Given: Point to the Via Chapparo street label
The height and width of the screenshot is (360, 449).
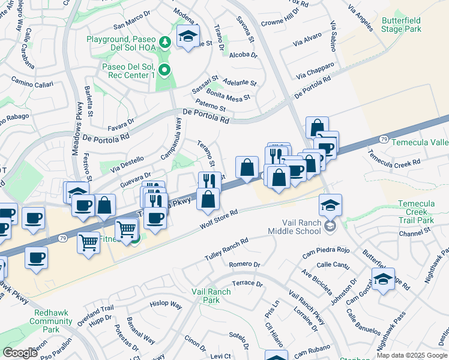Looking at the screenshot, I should pyautogui.click(x=315, y=73).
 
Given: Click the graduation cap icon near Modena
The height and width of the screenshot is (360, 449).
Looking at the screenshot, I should pyautogui.click(x=188, y=35).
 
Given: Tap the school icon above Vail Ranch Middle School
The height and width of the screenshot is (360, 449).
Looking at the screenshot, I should pyautogui.click(x=330, y=205).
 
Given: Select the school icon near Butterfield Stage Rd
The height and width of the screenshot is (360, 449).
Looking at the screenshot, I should pyautogui.click(x=383, y=279).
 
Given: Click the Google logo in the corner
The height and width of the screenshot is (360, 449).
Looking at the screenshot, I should pyautogui.click(x=20, y=352).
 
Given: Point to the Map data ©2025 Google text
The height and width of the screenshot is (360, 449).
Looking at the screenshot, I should pyautogui.click(x=411, y=355).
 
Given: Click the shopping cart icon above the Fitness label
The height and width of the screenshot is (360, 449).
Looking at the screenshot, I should pyautogui.click(x=127, y=229).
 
